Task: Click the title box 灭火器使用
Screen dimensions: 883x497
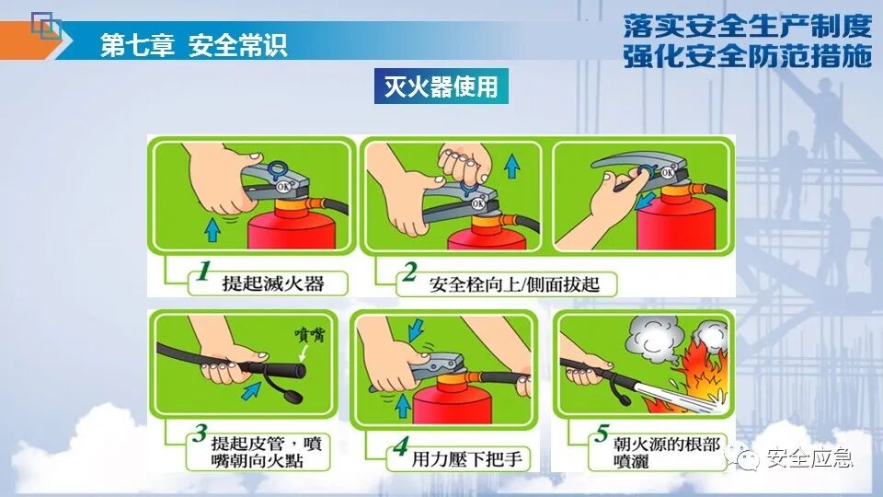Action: pyautogui.click(x=441, y=87)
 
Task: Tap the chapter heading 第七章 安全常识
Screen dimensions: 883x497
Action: pyautogui.click(x=194, y=45)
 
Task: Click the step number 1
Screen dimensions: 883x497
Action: pyautogui.click(x=203, y=271)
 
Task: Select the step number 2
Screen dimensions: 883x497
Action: pyautogui.click(x=409, y=272)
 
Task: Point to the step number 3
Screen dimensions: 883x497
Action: pyautogui.click(x=200, y=433)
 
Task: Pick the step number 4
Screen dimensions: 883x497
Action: pyautogui.click(x=400, y=446)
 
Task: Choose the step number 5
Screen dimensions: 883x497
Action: pyautogui.click(x=602, y=433)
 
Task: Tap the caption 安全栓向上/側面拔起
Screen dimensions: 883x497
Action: pyautogui.click(x=514, y=284)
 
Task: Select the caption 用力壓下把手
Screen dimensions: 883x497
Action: pyautogui.click(x=467, y=458)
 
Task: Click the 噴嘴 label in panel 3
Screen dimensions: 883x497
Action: pyautogui.click(x=310, y=335)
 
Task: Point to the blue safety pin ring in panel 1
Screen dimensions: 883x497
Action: pyautogui.click(x=278, y=169)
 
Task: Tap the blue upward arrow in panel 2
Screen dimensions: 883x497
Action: pyautogui.click(x=512, y=167)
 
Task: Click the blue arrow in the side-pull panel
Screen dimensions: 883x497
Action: pyautogui.click(x=645, y=200)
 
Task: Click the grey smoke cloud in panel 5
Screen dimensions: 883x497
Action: pyautogui.click(x=653, y=337)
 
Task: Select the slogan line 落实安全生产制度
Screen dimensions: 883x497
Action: pyautogui.click(x=747, y=26)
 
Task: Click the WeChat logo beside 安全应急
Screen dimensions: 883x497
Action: pyautogui.click(x=743, y=456)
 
